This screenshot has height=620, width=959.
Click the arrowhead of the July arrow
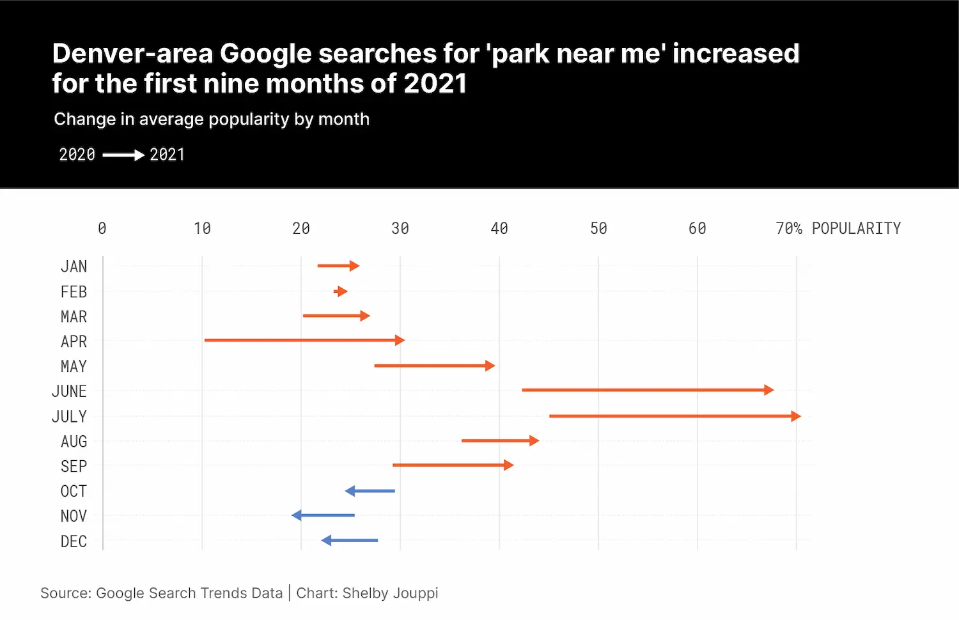pyautogui.click(x=796, y=416)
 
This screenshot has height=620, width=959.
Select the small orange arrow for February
pyautogui.click(x=340, y=291)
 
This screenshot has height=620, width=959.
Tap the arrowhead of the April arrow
pyautogui.click(x=400, y=341)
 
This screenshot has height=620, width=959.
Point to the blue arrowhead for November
pyautogui.click(x=296, y=515)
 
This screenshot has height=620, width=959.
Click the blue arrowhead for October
pyautogui.click(x=350, y=491)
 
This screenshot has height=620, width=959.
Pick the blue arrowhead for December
pyautogui.click(x=326, y=540)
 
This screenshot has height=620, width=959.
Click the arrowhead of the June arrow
pyautogui.click(x=769, y=390)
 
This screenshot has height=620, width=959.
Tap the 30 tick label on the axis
pyautogui.click(x=400, y=228)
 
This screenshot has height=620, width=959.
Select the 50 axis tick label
pyautogui.click(x=598, y=228)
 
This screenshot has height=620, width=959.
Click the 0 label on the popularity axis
pyautogui.click(x=102, y=228)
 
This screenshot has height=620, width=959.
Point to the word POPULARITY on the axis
pyautogui.click(x=856, y=228)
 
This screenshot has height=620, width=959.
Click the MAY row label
pyautogui.click(x=74, y=366)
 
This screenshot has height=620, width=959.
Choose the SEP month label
pyautogui.click(x=74, y=466)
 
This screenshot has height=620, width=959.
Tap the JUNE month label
pyautogui.click(x=69, y=391)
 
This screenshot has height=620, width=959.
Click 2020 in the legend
pyautogui.click(x=77, y=155)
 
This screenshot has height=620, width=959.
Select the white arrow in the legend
pyautogui.click(x=124, y=155)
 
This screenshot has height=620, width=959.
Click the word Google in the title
pyautogui.click(x=265, y=54)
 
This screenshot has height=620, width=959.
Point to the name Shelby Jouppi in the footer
pyautogui.click(x=390, y=593)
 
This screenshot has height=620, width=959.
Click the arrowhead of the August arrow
pyautogui.click(x=534, y=441)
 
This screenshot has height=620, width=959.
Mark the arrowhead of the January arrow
pyautogui.click(x=354, y=266)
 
